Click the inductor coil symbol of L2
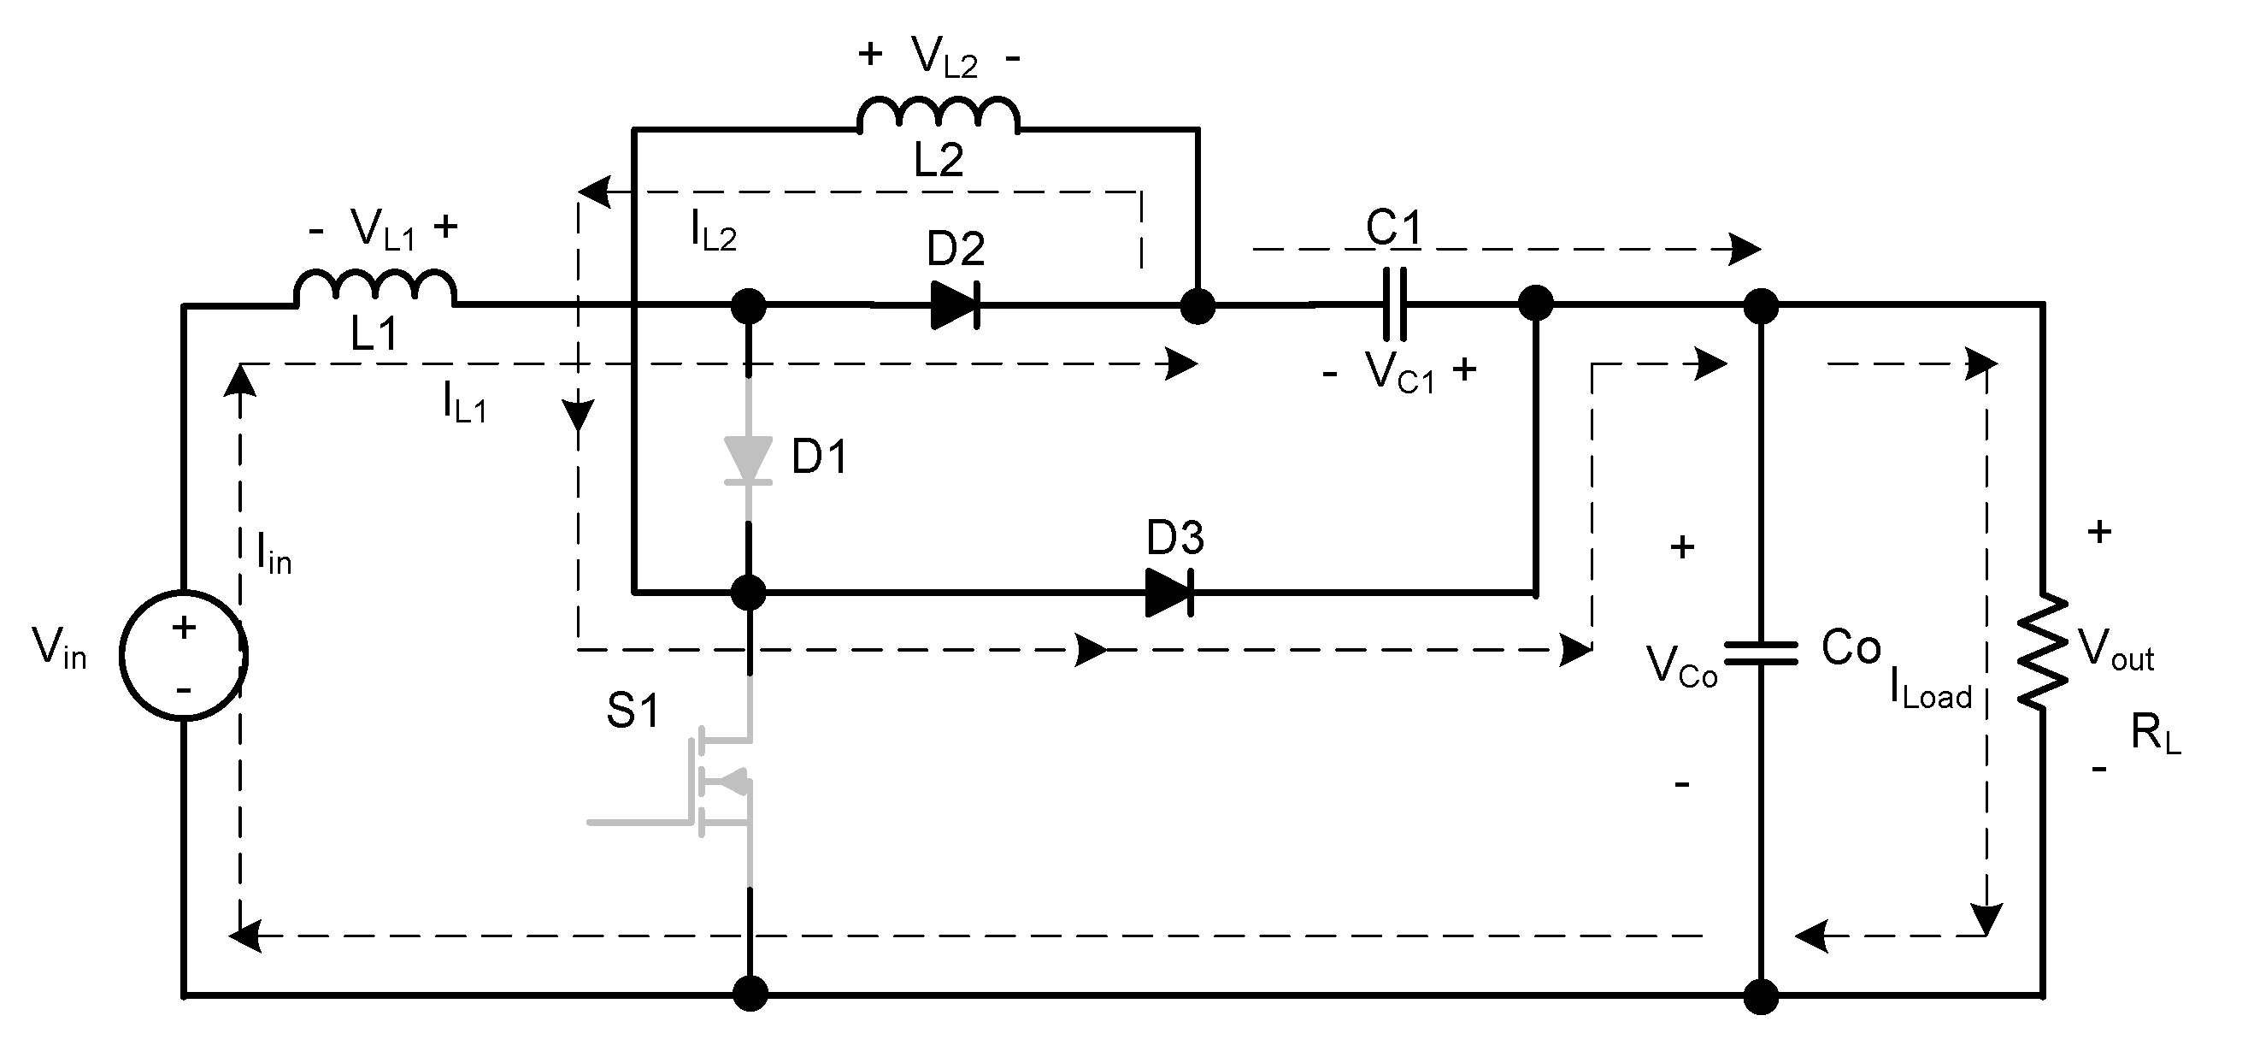(939, 114)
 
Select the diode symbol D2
(955, 305)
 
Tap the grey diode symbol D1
(748, 460)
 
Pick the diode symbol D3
(1170, 593)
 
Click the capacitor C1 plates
(1394, 304)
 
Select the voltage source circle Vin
(184, 656)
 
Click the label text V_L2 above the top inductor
(945, 58)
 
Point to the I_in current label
(274, 553)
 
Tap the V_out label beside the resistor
(2116, 652)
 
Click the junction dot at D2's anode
(748, 306)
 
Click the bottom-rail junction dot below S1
(749, 995)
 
